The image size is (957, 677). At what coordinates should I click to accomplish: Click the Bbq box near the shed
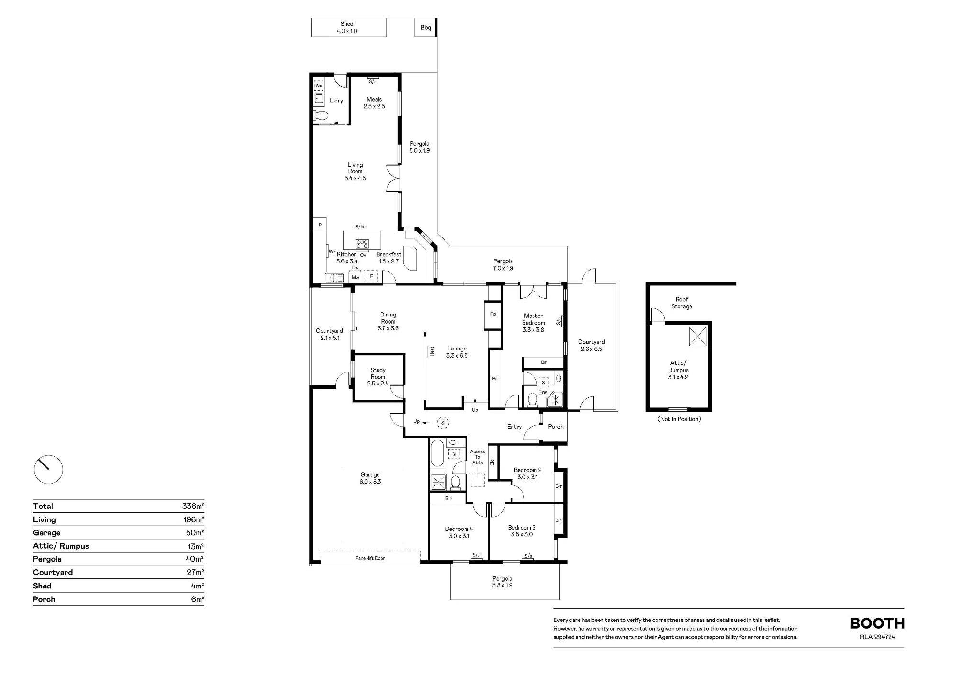426,27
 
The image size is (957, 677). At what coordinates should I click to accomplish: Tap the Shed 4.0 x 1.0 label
347,27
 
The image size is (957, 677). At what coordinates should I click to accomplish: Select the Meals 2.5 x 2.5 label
374,103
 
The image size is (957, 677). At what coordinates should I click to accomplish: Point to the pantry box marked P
320,225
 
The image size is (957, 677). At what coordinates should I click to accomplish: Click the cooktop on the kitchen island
362,244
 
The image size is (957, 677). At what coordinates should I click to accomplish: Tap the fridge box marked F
371,276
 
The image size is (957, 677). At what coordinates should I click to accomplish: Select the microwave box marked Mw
356,277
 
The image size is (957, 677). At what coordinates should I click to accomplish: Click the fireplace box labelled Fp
493,315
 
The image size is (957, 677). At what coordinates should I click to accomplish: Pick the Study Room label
378,373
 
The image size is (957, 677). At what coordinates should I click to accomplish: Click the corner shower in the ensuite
556,399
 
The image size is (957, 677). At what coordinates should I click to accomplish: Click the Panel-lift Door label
370,558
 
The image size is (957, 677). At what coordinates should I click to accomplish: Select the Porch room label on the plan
556,427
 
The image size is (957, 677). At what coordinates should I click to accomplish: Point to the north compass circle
48,469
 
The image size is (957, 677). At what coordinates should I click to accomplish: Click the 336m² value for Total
193,507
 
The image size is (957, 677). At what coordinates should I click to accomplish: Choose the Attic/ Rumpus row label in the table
61,546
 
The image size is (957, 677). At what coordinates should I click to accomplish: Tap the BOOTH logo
877,623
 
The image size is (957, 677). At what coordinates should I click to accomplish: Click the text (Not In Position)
679,419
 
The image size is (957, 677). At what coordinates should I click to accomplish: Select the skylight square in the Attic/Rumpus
698,336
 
